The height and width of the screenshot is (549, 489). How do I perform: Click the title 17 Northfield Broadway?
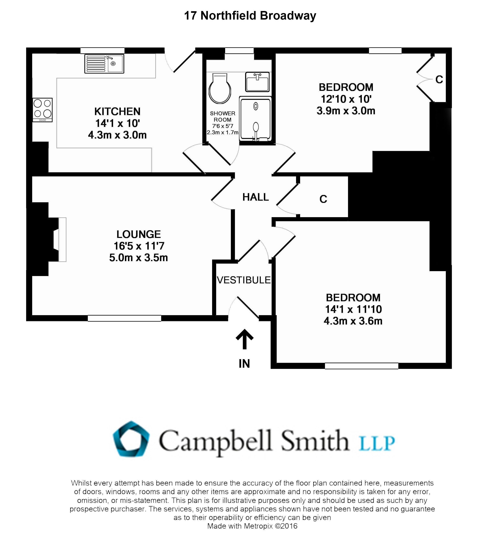point(250,15)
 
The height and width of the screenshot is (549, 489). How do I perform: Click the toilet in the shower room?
point(220,89)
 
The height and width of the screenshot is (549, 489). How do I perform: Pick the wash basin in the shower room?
point(257,82)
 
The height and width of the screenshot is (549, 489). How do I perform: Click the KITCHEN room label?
point(117,111)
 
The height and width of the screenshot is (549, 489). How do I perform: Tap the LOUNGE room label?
point(138,234)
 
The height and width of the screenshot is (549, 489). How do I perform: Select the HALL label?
point(256,197)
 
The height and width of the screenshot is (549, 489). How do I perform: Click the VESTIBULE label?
point(244,280)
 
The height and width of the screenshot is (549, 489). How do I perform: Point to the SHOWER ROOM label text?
point(222,117)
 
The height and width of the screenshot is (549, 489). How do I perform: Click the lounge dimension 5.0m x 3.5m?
point(138,257)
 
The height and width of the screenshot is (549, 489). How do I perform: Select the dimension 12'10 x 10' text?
point(346,99)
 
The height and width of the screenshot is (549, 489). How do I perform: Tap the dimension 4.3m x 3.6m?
point(353,321)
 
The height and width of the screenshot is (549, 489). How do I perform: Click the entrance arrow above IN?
point(244,339)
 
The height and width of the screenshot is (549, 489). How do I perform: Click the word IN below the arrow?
point(244,363)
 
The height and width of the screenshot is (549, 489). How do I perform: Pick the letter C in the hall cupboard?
point(323,199)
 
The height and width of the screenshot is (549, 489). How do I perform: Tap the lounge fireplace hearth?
point(62,240)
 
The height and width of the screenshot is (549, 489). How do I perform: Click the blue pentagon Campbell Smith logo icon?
point(131,439)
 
